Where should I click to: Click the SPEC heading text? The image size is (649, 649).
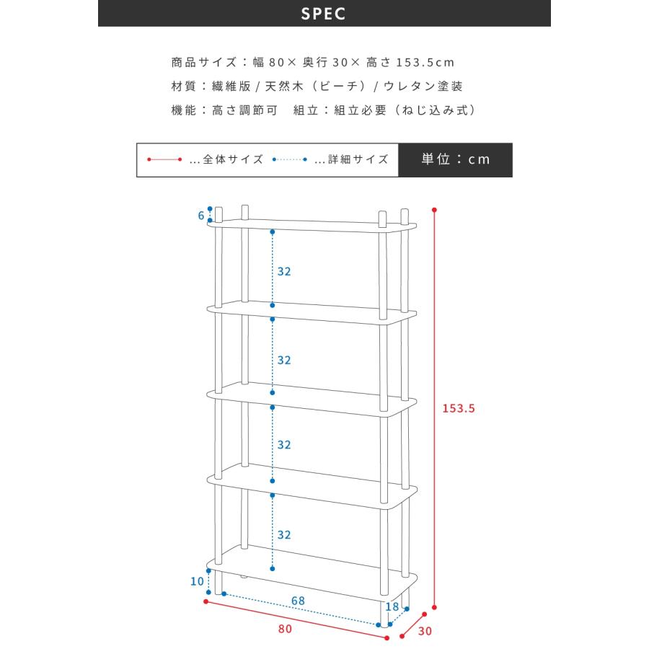(x=323, y=14)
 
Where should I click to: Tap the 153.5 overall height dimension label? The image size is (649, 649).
(x=459, y=409)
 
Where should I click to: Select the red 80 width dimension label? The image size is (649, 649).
(x=285, y=629)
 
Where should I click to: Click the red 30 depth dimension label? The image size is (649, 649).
(x=425, y=631)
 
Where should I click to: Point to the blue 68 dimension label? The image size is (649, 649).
(x=298, y=601)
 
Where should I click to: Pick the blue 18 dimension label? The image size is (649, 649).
(x=392, y=606)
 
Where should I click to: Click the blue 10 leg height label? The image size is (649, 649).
(x=197, y=581)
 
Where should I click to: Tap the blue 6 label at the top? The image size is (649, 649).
(x=201, y=215)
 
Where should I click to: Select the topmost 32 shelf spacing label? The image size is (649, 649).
(x=284, y=272)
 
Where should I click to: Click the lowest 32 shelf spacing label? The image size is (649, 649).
(x=284, y=535)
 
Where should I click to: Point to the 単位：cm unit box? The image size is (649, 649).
(x=455, y=160)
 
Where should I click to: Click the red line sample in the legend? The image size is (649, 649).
(x=164, y=159)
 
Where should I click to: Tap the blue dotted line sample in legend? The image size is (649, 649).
(x=290, y=159)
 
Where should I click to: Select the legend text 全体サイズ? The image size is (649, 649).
(x=233, y=159)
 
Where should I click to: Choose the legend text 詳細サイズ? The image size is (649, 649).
(x=358, y=159)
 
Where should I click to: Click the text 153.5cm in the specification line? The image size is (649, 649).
(x=425, y=63)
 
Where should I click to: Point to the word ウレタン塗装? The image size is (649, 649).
(x=423, y=86)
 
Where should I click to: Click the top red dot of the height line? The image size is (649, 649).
(x=434, y=210)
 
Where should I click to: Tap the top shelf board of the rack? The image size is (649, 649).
(x=312, y=226)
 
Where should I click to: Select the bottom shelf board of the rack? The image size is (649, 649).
(x=312, y=574)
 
